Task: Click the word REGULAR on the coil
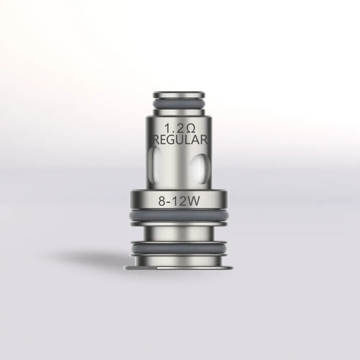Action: pyautogui.click(x=180, y=140)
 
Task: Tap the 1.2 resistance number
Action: pyautogui.click(x=171, y=129)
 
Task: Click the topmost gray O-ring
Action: pyautogui.click(x=179, y=102)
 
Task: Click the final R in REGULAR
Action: pyautogui.click(x=204, y=140)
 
